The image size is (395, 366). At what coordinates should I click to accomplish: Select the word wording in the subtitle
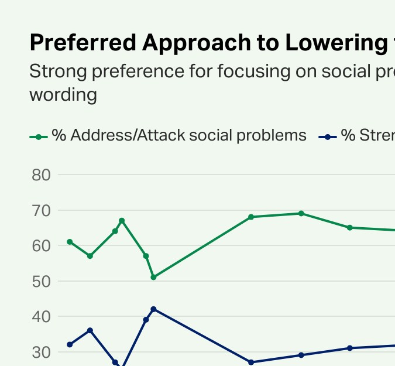point(63,95)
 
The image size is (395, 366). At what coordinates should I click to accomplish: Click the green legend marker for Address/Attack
point(39,137)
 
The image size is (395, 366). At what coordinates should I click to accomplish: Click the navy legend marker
point(328,137)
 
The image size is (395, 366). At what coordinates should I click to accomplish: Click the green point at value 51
point(153,277)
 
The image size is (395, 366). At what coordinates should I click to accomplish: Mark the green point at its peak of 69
point(301,213)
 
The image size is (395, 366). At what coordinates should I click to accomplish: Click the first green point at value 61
point(70,242)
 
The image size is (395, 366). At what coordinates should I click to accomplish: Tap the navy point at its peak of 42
point(153,309)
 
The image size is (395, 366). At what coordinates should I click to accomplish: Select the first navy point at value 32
point(70,344)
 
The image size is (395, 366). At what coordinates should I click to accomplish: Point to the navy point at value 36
point(90,330)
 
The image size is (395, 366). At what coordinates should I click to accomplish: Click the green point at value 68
point(251,217)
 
